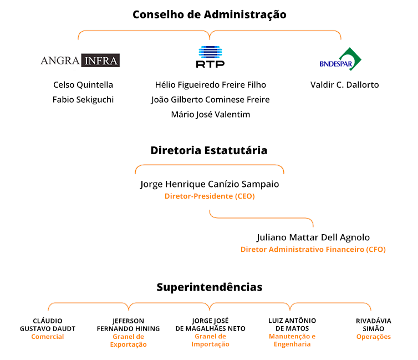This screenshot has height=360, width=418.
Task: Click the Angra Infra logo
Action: click(x=80, y=60)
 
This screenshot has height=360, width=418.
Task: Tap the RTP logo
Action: click(x=210, y=57)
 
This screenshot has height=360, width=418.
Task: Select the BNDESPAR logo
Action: click(x=340, y=59)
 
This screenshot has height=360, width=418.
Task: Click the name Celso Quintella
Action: click(x=83, y=85)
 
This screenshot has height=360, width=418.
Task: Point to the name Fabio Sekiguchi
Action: click(x=83, y=100)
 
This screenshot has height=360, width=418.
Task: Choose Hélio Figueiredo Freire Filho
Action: click(x=211, y=85)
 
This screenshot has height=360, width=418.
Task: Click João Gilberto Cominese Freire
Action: click(x=211, y=100)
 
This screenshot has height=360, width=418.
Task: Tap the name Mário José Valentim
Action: click(x=211, y=114)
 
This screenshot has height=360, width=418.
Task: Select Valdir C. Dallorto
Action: click(x=344, y=85)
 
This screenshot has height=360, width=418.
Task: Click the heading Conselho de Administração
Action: click(x=210, y=14)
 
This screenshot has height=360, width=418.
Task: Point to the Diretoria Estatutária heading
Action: click(x=209, y=150)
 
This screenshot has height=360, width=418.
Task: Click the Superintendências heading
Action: click(x=210, y=287)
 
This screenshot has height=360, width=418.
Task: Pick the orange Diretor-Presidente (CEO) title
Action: click(x=210, y=196)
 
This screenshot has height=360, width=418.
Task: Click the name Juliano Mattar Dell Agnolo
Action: click(x=313, y=237)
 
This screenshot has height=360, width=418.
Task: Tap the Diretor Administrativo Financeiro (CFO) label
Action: click(x=313, y=250)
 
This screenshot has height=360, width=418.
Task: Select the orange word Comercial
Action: click(x=48, y=337)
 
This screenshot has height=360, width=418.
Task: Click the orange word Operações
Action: click(x=374, y=337)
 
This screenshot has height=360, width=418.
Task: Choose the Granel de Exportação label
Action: click(x=128, y=341)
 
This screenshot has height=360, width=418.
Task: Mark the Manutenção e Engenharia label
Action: click(x=292, y=340)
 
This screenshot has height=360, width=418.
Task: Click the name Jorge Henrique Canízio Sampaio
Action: click(x=210, y=184)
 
